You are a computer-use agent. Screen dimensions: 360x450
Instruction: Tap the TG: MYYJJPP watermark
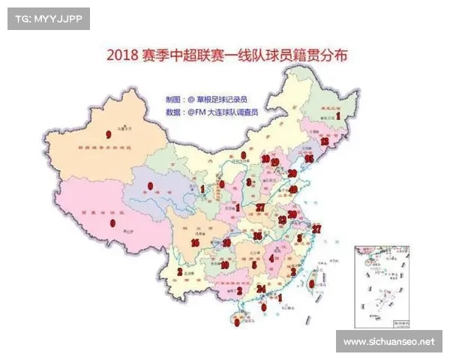tap(48, 18)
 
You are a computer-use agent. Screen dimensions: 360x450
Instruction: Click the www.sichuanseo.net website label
tap(388, 342)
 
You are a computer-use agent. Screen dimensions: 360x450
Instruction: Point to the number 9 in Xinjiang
tap(109, 135)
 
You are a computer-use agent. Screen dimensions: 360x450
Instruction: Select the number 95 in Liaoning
tap(308, 159)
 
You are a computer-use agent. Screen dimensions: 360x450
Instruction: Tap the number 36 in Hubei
tap(257, 236)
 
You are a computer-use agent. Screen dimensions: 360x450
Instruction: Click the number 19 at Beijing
tap(275, 162)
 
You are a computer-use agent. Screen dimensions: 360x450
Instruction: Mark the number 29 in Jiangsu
tap(292, 214)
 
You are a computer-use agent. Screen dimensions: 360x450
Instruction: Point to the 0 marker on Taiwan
tap(312, 283)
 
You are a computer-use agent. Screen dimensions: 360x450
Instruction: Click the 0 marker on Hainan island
tap(237, 322)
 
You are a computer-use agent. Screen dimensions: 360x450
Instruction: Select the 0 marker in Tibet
tap(112, 223)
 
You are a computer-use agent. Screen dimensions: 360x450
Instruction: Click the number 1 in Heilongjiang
tap(338, 116)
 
